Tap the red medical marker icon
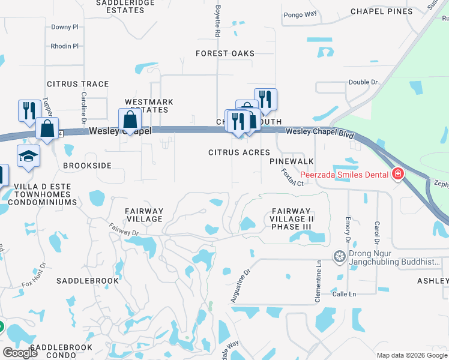click(397, 175)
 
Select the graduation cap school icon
click(28, 156)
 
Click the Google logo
click(20, 353)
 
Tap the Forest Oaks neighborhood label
click(225, 53)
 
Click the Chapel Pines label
click(381, 11)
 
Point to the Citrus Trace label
click(78, 84)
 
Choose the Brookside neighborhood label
click(88, 165)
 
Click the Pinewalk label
click(292, 162)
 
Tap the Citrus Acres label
click(239, 152)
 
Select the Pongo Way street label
click(300, 14)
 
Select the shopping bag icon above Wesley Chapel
click(130, 119)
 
